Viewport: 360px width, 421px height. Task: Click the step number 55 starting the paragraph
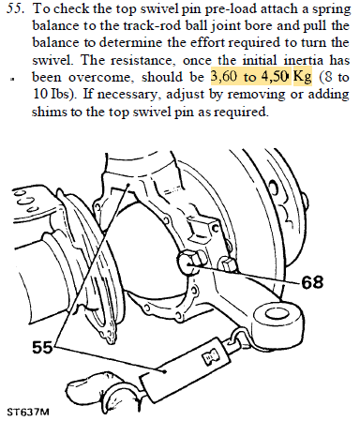pyautogui.click(x=15, y=8)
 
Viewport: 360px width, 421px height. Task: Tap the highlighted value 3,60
pyautogui.click(x=224, y=77)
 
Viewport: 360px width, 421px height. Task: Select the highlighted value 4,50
pyautogui.click(x=275, y=77)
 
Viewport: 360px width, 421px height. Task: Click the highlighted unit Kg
pyautogui.click(x=303, y=78)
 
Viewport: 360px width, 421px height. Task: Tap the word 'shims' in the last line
pyautogui.click(x=50, y=112)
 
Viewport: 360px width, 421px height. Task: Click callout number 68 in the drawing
pyautogui.click(x=312, y=281)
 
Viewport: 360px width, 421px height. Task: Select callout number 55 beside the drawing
pyautogui.click(x=42, y=347)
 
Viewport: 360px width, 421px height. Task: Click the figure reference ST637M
pyautogui.click(x=28, y=412)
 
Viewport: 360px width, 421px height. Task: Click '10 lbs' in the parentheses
pyautogui.click(x=53, y=94)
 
